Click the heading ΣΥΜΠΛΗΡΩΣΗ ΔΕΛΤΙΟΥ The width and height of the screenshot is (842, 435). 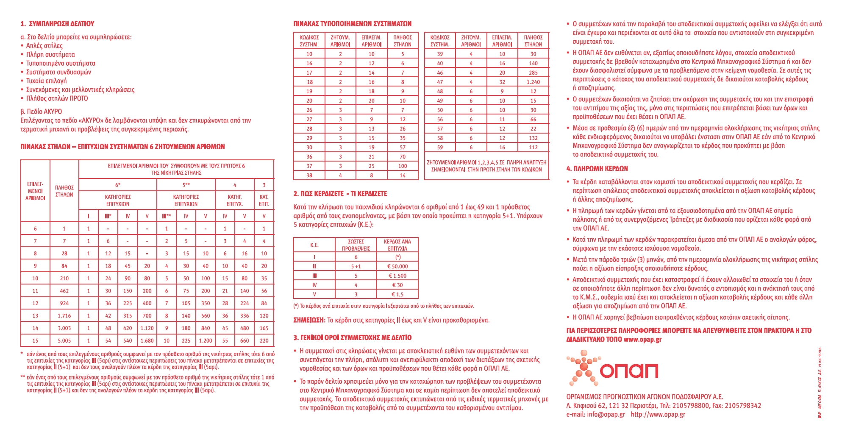(61, 24)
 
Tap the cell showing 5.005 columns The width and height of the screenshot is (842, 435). (64, 340)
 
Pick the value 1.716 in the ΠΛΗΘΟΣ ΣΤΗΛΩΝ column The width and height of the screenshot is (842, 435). (64, 316)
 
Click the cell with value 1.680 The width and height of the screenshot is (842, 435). (147, 340)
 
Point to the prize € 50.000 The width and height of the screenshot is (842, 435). (397, 266)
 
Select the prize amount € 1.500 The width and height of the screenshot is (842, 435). (397, 276)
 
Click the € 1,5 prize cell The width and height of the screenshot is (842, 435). (397, 294)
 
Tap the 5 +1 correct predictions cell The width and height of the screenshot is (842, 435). (356, 266)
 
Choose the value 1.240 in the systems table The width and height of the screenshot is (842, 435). (533, 82)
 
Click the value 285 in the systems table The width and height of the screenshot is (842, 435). (533, 72)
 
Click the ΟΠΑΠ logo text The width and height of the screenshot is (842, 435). (629, 371)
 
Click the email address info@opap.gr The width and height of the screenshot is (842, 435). (606, 415)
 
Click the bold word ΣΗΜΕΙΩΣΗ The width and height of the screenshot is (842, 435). (309, 321)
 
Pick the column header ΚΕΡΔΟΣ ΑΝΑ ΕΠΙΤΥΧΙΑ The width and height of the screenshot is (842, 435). (397, 245)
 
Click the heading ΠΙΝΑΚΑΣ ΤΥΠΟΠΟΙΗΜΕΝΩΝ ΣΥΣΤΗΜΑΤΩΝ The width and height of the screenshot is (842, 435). (352, 24)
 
